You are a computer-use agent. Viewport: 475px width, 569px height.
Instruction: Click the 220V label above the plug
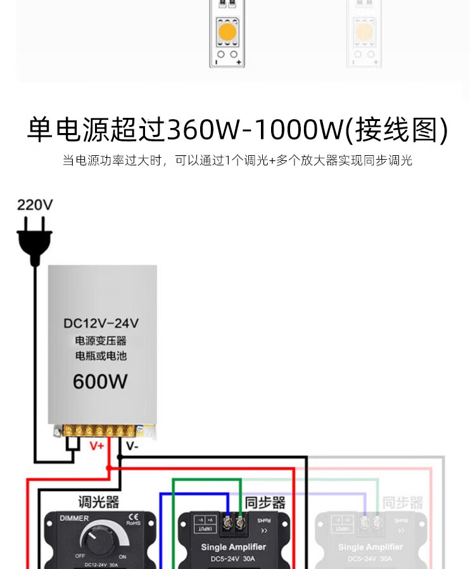[x=35, y=205]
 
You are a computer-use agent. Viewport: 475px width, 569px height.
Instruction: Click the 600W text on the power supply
[x=100, y=381]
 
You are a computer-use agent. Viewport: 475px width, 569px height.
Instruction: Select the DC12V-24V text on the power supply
[x=101, y=323]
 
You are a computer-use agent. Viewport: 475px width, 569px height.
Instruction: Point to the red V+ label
[x=96, y=446]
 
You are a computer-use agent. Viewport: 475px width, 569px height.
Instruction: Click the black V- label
[x=132, y=446]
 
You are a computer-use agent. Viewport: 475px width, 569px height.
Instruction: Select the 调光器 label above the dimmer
[x=98, y=502]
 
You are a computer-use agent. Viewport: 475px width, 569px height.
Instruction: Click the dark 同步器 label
[x=265, y=502]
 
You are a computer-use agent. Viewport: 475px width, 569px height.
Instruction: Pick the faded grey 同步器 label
[x=403, y=503]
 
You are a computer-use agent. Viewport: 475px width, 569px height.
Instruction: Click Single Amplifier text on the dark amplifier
[x=233, y=547]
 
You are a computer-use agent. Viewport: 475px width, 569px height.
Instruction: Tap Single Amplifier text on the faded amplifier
[x=370, y=547]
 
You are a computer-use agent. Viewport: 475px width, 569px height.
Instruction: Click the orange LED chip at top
[x=227, y=31]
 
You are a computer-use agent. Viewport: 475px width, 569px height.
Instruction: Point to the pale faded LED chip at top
[x=364, y=31]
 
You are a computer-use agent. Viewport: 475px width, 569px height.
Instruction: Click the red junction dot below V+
[x=108, y=468]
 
